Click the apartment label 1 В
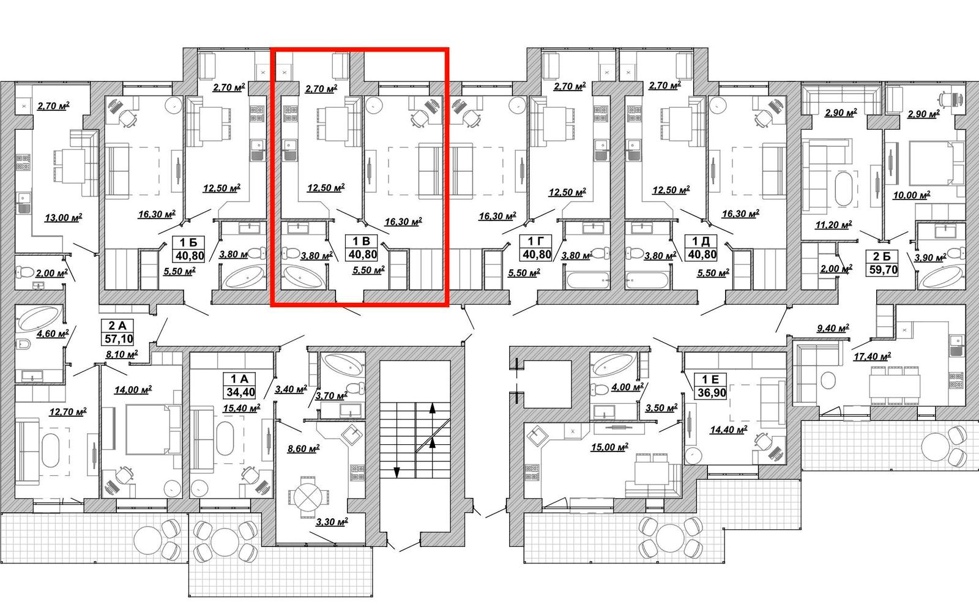click(362, 241)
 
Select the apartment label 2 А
click(117, 325)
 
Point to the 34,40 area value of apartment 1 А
click(240, 392)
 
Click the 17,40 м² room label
click(873, 357)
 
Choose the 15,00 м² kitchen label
click(609, 447)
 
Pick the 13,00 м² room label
click(64, 217)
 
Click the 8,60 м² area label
click(303, 448)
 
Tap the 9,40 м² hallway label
click(833, 328)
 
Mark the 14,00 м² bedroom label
click(133, 389)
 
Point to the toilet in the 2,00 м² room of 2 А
click(25, 272)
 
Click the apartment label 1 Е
click(711, 379)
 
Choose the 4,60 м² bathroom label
click(53, 334)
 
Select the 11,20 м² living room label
click(833, 225)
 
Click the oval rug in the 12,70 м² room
click(50, 450)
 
